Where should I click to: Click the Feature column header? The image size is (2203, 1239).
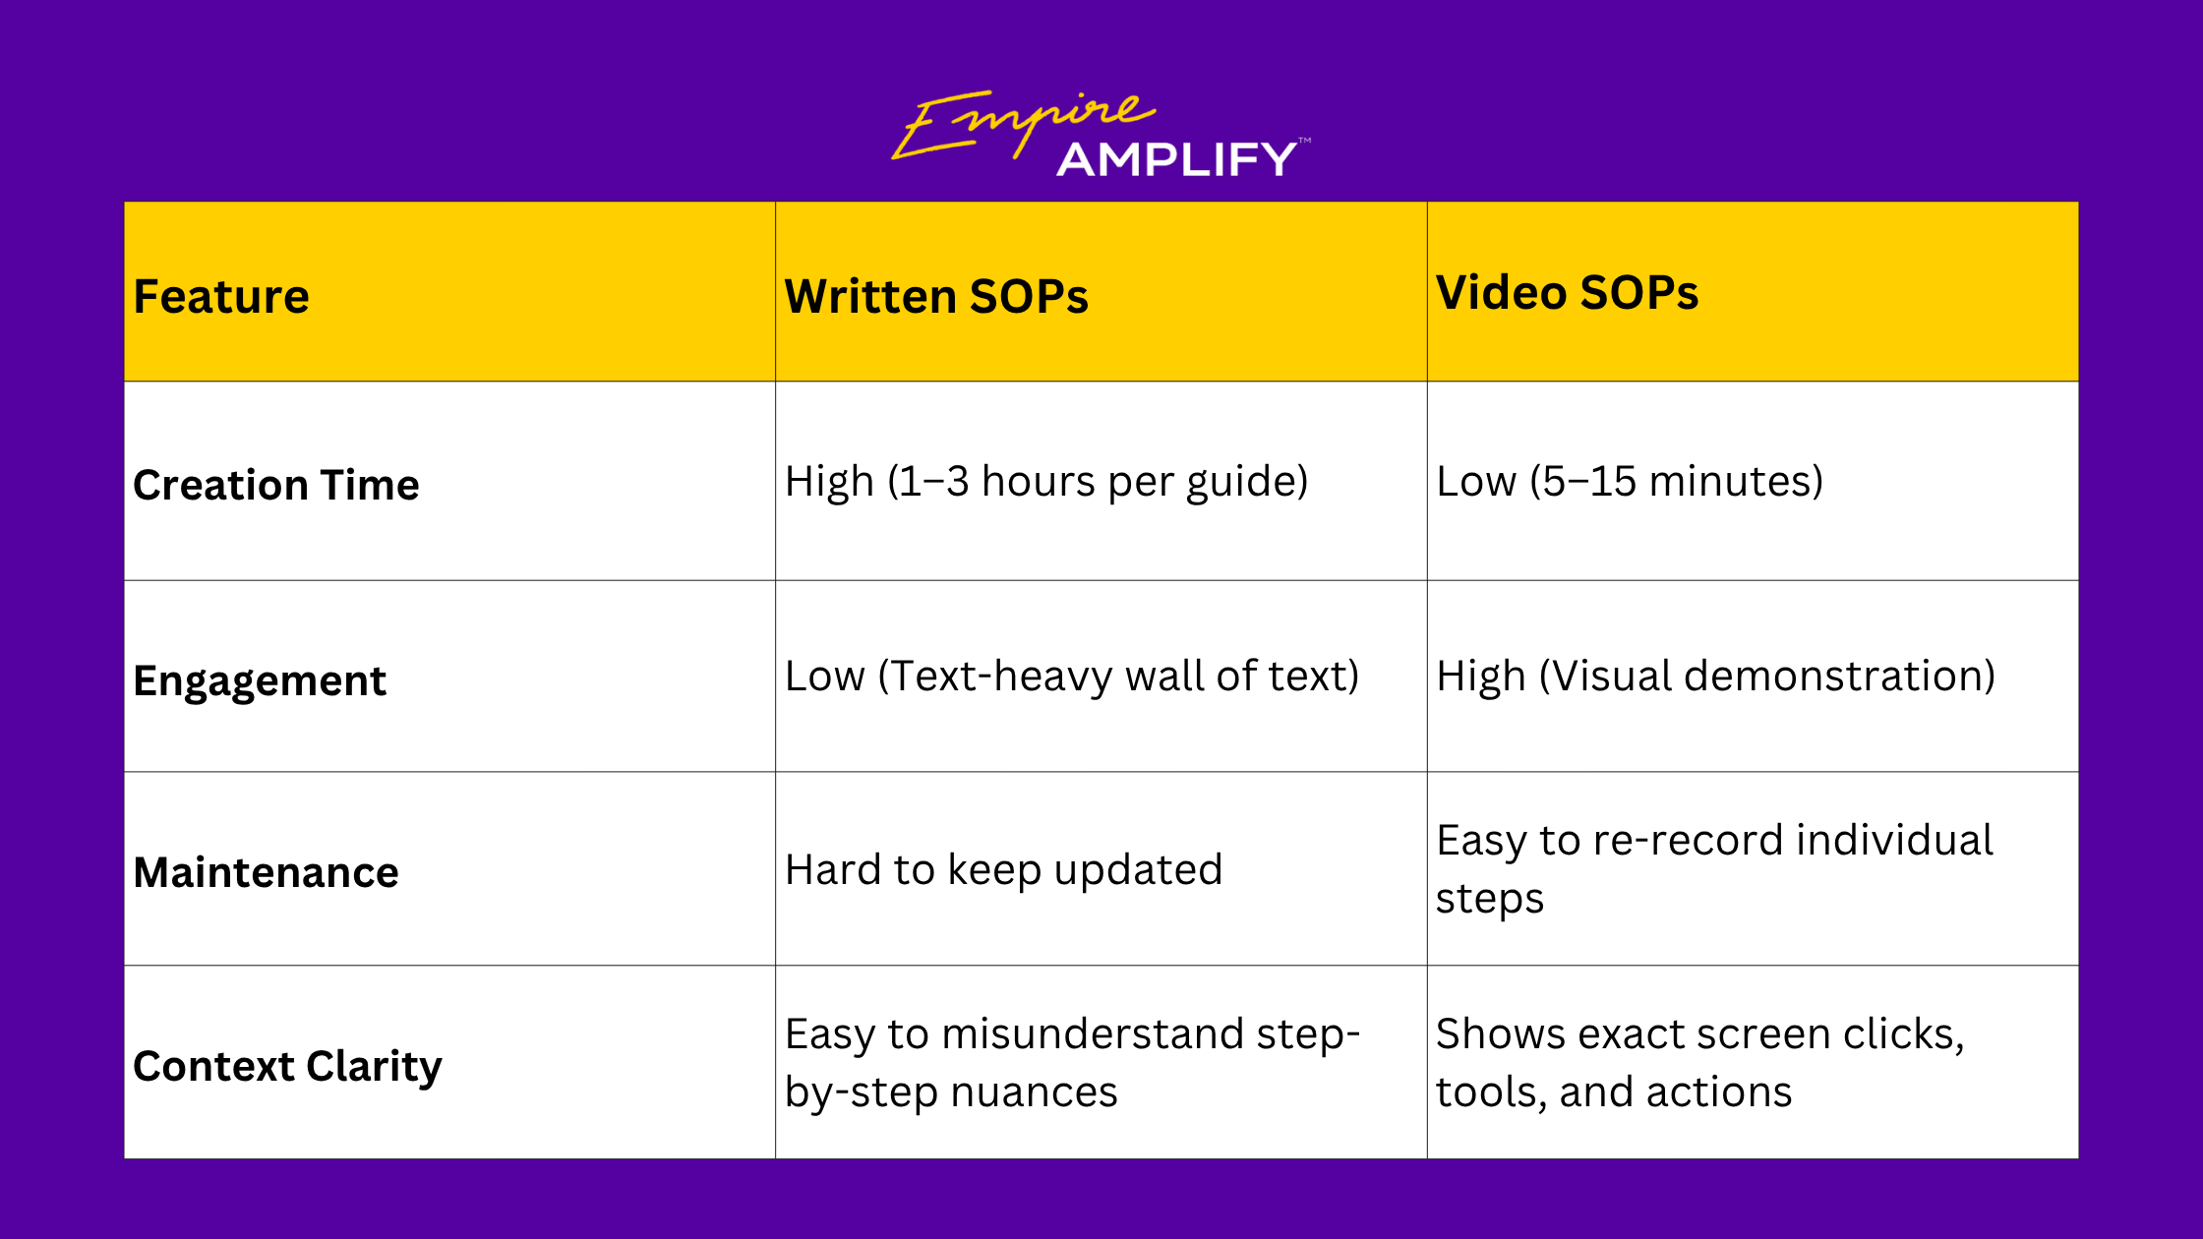pyautogui.click(x=221, y=296)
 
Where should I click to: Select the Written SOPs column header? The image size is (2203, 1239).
pyautogui.click(x=936, y=296)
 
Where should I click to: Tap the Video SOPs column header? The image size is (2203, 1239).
pyautogui.click(x=1567, y=292)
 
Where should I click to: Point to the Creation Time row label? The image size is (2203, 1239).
pyautogui.click(x=276, y=485)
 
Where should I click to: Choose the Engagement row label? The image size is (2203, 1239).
pyautogui.click(x=260, y=681)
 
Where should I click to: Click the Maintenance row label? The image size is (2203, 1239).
pyautogui.click(x=266, y=872)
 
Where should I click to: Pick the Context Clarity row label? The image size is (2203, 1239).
pyautogui.click(x=287, y=1067)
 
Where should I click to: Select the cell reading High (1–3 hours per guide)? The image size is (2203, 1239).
pyautogui.click(x=1046, y=482)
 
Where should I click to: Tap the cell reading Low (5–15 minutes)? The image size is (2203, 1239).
pyautogui.click(x=1630, y=482)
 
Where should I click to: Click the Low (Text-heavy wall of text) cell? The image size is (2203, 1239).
pyautogui.click(x=1072, y=677)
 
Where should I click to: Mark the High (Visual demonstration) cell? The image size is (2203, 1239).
pyautogui.click(x=1715, y=677)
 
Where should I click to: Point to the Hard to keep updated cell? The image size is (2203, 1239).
pyautogui.click(x=1003, y=870)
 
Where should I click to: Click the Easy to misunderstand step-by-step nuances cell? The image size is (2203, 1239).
pyautogui.click(x=1072, y=1063)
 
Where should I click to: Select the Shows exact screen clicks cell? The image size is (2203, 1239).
pyautogui.click(x=1699, y=1063)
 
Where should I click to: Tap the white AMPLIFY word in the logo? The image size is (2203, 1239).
pyautogui.click(x=1177, y=159)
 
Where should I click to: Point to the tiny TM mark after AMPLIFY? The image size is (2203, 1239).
pyautogui.click(x=1305, y=141)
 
